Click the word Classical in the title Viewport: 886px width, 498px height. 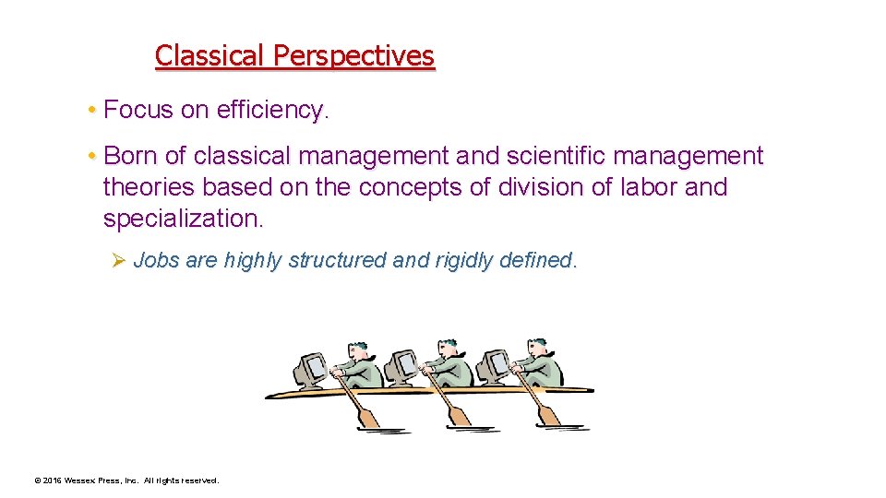point(210,56)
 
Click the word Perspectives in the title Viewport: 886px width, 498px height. point(353,56)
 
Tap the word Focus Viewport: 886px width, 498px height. point(138,111)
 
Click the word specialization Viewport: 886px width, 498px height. point(183,219)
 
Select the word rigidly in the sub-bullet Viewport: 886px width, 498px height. point(463,261)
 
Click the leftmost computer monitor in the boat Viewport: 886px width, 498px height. point(309,369)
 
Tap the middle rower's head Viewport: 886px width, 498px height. point(447,348)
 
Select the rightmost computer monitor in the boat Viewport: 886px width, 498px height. point(493,367)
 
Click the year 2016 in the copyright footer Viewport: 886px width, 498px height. point(52,480)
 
